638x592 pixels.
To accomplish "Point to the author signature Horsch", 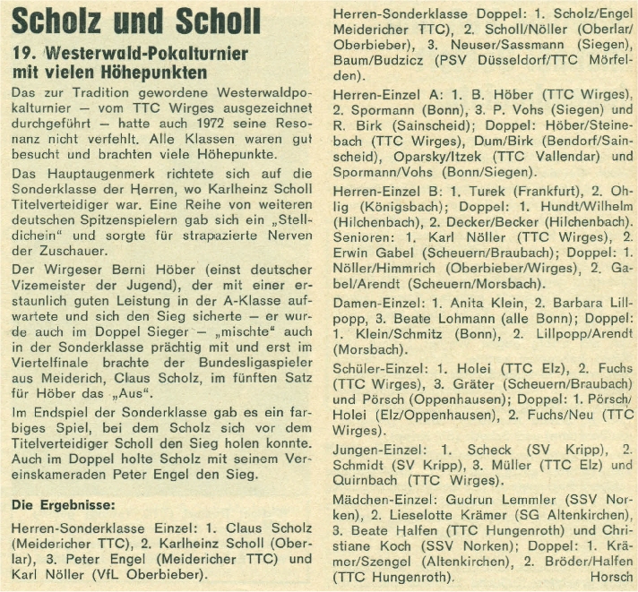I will [612, 578].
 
